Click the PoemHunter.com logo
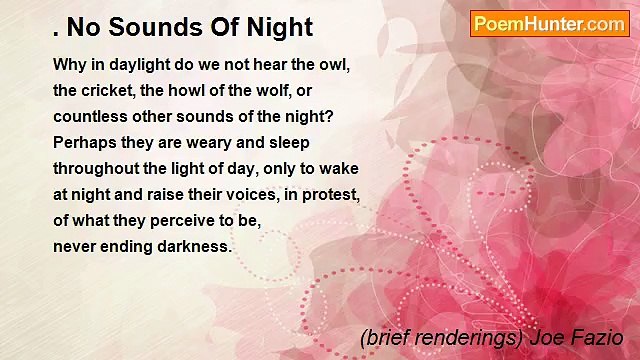coord(549,24)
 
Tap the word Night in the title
coord(281,27)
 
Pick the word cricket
coord(111,90)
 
